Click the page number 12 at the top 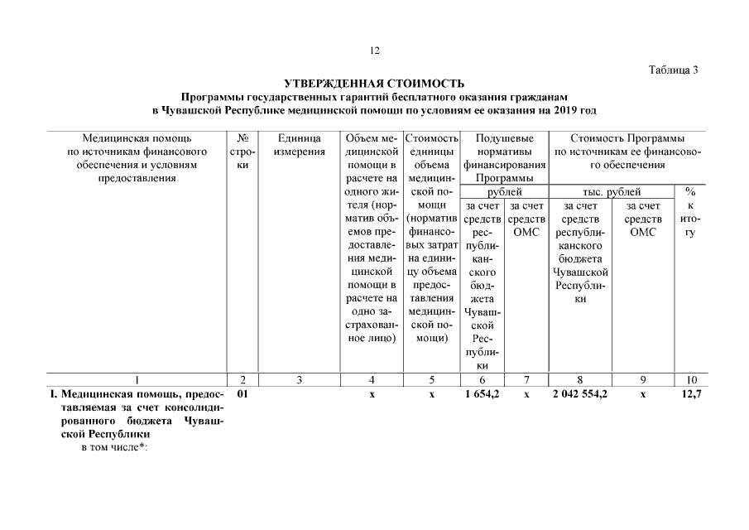point(374,51)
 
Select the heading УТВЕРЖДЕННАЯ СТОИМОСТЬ point(374,84)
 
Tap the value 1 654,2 point(482,395)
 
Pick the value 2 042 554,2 point(581,395)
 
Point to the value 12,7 point(692,395)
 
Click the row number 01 point(242,395)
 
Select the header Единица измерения point(299,145)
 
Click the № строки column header point(242,151)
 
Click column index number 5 point(431,379)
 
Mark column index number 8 point(581,379)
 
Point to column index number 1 point(137,379)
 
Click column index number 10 point(691,379)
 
